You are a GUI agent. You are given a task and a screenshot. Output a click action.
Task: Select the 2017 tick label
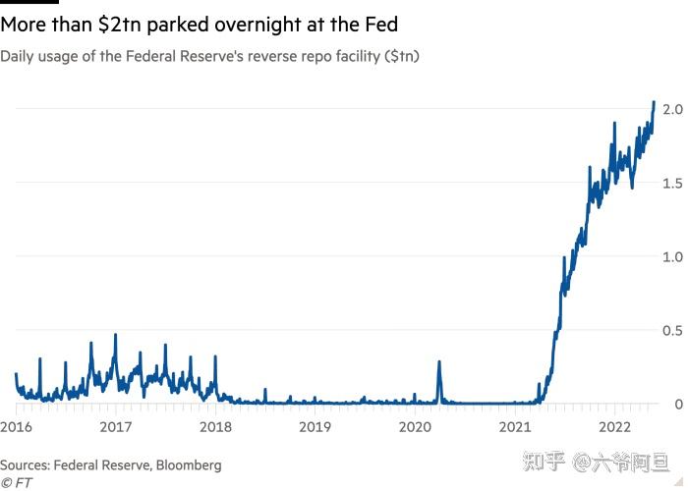(x=115, y=426)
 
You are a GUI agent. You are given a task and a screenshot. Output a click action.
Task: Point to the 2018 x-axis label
(x=215, y=426)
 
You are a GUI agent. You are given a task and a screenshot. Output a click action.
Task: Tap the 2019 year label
(x=315, y=426)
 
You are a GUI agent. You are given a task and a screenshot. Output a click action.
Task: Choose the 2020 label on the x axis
(x=415, y=426)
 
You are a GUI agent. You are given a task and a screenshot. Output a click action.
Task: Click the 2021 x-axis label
(x=515, y=426)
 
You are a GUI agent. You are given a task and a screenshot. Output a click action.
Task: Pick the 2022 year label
(x=615, y=426)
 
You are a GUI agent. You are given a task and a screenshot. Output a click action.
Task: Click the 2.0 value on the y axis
(x=673, y=107)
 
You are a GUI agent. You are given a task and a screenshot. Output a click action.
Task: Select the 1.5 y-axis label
(x=673, y=182)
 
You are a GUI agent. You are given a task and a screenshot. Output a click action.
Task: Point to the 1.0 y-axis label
(x=673, y=256)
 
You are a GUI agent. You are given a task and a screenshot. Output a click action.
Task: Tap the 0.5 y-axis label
(x=673, y=330)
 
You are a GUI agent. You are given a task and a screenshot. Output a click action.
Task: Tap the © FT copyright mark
(x=17, y=482)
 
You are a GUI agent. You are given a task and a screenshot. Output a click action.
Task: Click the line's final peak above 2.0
(x=655, y=102)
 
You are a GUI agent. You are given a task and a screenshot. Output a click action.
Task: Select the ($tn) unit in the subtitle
(x=401, y=56)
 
